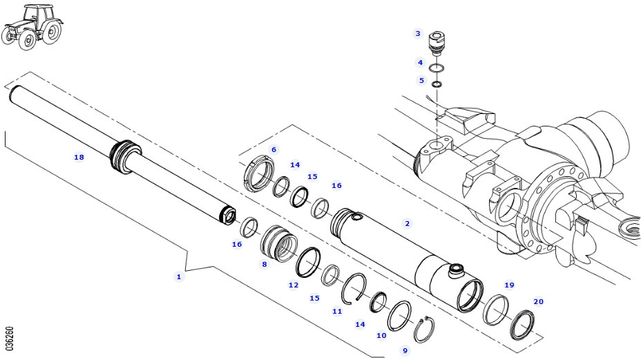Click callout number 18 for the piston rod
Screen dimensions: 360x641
coord(79,158)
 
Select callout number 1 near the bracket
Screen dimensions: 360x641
coord(178,276)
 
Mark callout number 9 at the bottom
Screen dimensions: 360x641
coord(405,350)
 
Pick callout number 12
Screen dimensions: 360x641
coord(294,285)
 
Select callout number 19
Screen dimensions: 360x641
coord(509,285)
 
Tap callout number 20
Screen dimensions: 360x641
coord(538,301)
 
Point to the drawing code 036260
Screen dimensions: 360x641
coord(9,338)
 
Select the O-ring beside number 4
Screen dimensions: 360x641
coord(437,68)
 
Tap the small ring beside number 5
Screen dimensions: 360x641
coord(437,84)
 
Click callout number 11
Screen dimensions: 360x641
coord(337,311)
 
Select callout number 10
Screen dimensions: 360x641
coord(381,335)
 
